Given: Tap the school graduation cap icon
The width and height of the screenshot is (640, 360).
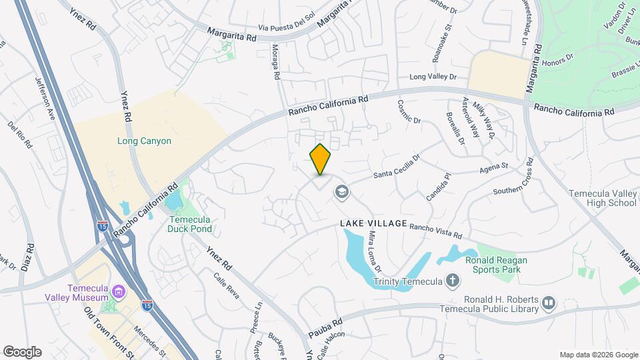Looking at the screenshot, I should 342,193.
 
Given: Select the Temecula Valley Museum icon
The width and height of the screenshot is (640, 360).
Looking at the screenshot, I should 119,291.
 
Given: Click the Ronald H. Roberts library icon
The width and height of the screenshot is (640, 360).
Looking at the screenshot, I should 549,304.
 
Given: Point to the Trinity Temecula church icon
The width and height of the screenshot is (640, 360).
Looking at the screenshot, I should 453,281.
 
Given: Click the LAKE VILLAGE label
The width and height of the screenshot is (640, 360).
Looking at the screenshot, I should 373,223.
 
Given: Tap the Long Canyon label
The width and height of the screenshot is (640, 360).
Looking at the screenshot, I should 145,141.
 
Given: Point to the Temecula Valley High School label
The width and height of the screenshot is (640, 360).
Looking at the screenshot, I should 603,198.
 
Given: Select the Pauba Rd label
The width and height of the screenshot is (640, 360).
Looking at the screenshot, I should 325,326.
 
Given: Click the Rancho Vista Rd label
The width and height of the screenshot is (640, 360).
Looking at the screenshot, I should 435,231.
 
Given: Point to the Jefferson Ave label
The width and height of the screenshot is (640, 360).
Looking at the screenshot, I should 45,100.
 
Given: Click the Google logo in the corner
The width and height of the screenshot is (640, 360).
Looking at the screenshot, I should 22,351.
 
